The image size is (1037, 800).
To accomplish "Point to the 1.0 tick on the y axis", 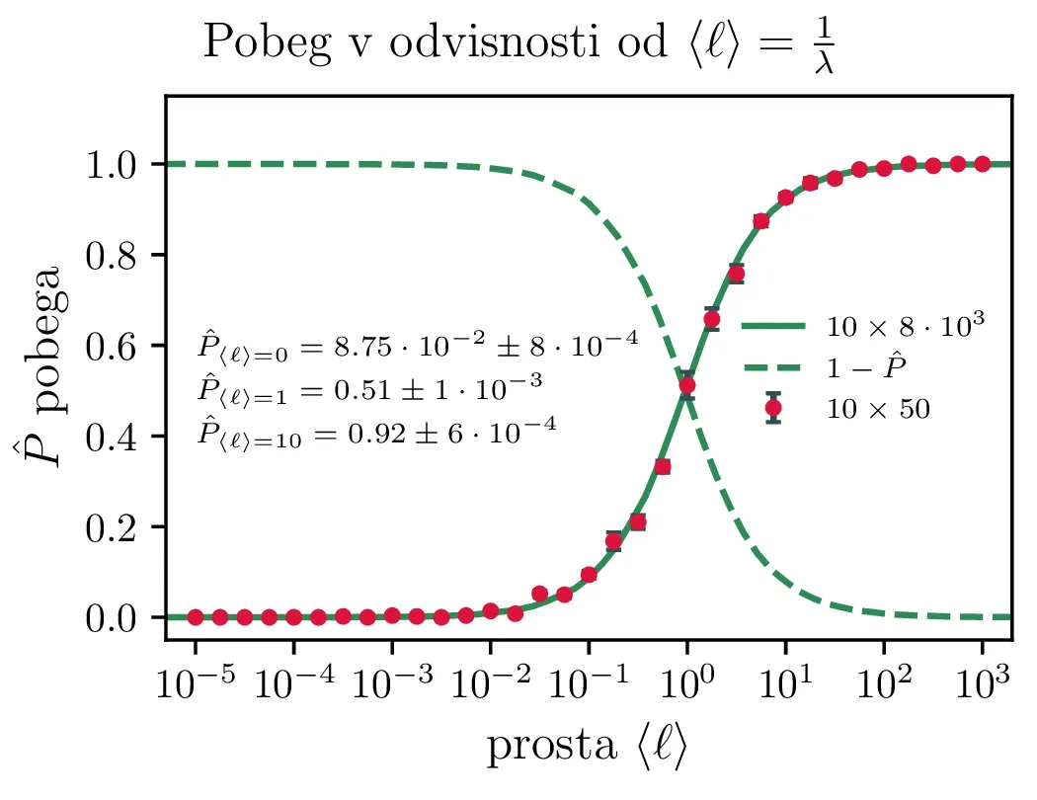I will pyautogui.click(x=118, y=164).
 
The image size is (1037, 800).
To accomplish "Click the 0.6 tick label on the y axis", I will pyautogui.click(x=118, y=346).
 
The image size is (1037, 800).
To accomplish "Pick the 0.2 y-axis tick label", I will pyautogui.click(x=118, y=527).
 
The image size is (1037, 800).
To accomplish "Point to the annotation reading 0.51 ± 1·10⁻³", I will pyautogui.click(x=369, y=387).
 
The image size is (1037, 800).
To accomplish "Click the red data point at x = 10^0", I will pyautogui.click(x=687, y=385).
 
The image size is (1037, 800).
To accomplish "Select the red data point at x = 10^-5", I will pyautogui.click(x=196, y=617).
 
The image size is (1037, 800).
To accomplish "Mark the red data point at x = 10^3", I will pyautogui.click(x=982, y=164).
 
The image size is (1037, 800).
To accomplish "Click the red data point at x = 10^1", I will pyautogui.click(x=786, y=198).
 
